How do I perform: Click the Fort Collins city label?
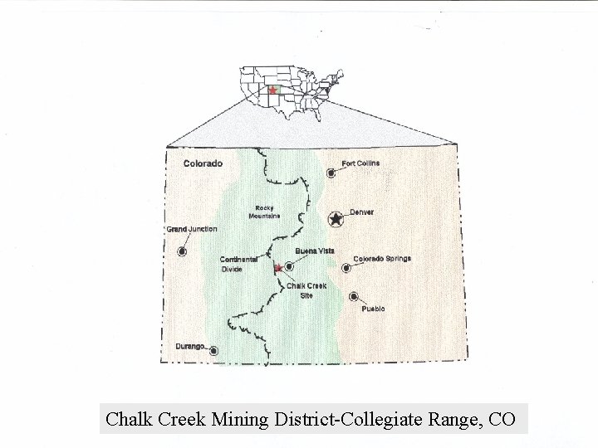click(x=360, y=163)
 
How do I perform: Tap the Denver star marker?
click(x=336, y=219)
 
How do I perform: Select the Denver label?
click(x=361, y=212)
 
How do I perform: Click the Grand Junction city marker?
click(x=183, y=251)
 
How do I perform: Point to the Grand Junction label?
click(x=192, y=229)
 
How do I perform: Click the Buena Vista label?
click(x=315, y=251)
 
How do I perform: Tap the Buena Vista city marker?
click(x=289, y=266)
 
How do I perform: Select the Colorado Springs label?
click(x=382, y=259)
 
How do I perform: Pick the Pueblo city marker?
click(x=355, y=296)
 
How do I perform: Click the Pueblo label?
click(x=373, y=309)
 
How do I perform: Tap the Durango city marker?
click(x=214, y=351)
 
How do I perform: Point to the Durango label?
click(x=190, y=346)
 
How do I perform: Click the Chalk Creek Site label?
click(x=306, y=290)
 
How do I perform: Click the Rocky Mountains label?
click(x=264, y=212)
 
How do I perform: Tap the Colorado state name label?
click(x=203, y=163)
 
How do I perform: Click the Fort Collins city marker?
click(x=331, y=173)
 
